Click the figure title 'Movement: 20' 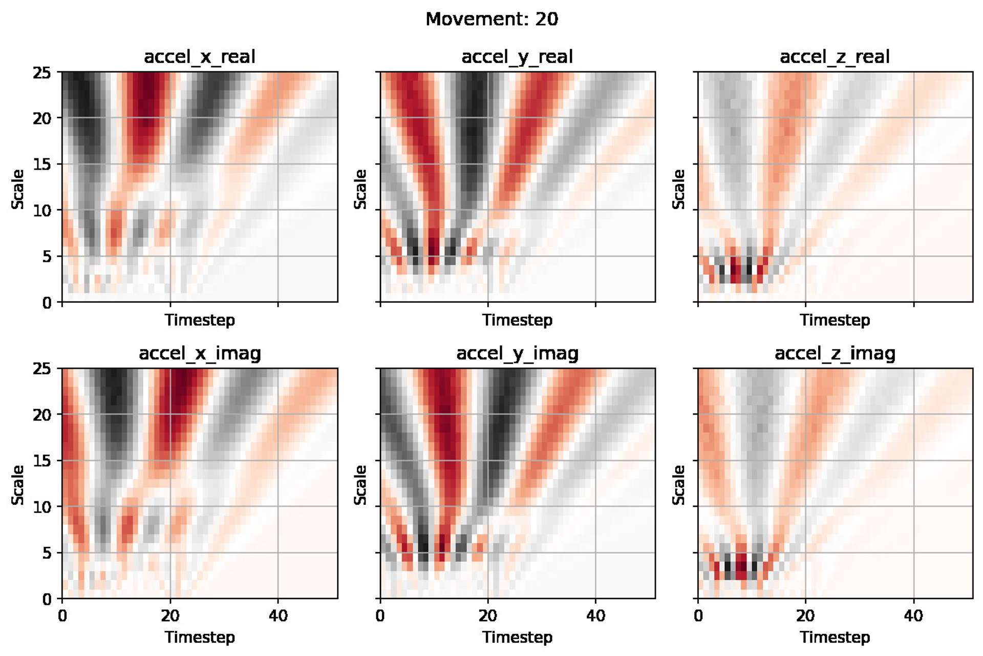491,19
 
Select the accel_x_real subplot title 200,56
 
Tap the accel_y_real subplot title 517,56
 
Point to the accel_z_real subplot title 835,56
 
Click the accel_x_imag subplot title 200,353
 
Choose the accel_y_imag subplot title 517,353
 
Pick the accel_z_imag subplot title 835,353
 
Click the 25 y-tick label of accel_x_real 42,73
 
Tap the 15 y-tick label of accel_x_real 42,165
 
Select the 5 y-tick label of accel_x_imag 47,553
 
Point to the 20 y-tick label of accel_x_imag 42,415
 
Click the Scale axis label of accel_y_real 360,189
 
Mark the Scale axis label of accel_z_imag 678,485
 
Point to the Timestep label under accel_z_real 835,320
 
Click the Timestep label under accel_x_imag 200,637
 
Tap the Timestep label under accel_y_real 517,320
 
